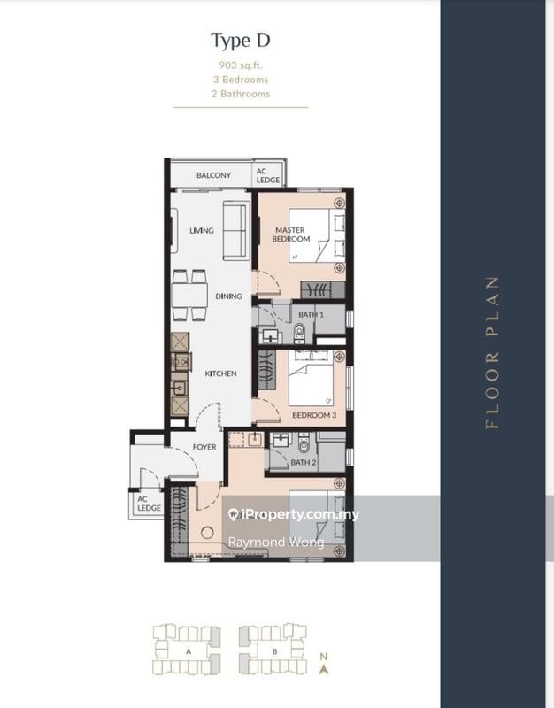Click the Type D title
click(x=240, y=40)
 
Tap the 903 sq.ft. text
click(x=240, y=65)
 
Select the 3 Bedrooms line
click(x=240, y=79)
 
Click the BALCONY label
click(x=213, y=175)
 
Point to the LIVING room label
click(x=202, y=231)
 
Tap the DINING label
click(x=228, y=296)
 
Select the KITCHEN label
click(x=220, y=373)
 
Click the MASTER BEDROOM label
click(x=291, y=235)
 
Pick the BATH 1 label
click(x=310, y=315)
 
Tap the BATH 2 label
click(x=303, y=461)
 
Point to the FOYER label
click(x=204, y=447)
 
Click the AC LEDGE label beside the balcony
click(x=267, y=175)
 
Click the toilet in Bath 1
click(x=298, y=332)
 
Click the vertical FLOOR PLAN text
click(x=493, y=353)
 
